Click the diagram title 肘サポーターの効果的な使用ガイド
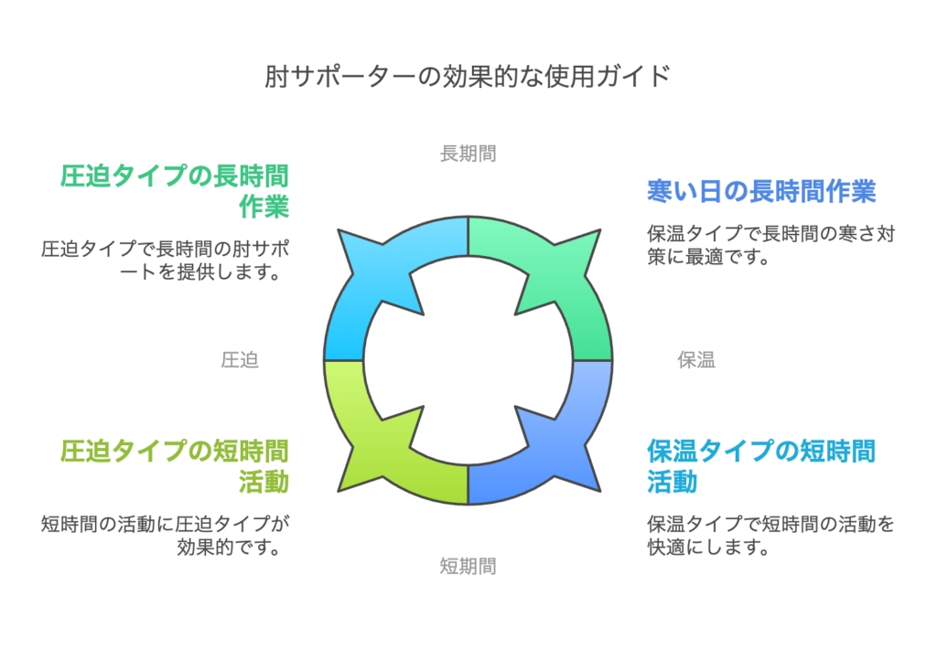[x=468, y=77]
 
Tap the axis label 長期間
[x=468, y=154]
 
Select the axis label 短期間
[x=468, y=566]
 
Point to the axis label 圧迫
[x=240, y=360]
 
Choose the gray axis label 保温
[x=696, y=360]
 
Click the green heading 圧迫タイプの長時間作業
[x=175, y=191]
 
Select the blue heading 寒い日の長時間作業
[x=761, y=191]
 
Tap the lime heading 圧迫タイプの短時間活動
[x=175, y=466]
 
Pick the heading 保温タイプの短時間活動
[x=761, y=466]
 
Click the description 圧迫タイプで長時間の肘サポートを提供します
[x=166, y=261]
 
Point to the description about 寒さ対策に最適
[x=770, y=245]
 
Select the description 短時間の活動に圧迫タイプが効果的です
[x=166, y=536]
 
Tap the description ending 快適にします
[x=770, y=536]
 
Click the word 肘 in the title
[x=276, y=77]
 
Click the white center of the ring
[x=468, y=360]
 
